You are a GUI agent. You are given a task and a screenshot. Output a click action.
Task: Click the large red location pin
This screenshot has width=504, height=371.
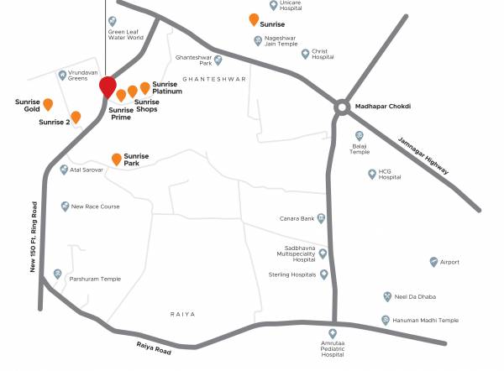pos(108,86)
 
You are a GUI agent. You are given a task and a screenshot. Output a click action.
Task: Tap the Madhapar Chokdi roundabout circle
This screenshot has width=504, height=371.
pos(342,107)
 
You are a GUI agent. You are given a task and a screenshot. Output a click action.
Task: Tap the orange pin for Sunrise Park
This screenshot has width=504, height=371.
pos(116,159)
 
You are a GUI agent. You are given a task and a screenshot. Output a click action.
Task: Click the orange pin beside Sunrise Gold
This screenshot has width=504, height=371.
pos(48,104)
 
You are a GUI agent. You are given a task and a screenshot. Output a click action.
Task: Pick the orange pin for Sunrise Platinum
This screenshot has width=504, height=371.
pos(144,87)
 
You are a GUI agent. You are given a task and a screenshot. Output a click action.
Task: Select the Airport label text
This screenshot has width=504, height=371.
pos(449,262)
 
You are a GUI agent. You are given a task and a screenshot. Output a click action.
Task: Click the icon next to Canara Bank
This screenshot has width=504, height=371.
pos(320,219)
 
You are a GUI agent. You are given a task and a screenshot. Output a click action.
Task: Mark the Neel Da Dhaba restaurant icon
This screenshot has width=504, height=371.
pos(386,296)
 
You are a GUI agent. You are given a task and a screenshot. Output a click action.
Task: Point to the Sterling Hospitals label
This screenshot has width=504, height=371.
pos(291,274)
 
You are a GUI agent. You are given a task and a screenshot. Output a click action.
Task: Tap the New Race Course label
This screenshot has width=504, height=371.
pos(96,206)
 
